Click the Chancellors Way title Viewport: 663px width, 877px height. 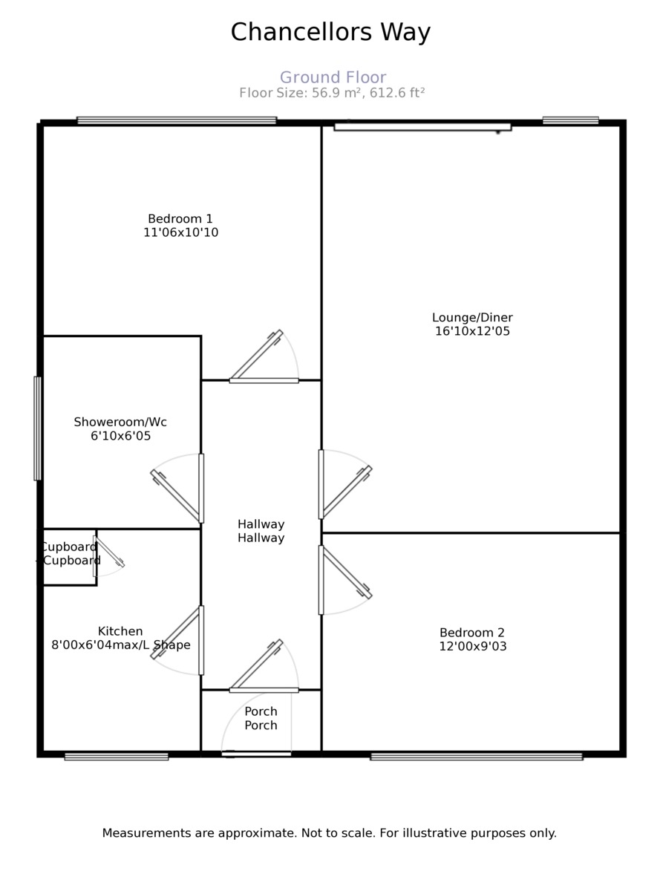coord(330,33)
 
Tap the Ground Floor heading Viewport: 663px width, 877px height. coord(333,77)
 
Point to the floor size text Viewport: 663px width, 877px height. coord(332,93)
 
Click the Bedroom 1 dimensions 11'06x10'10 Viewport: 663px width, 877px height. coord(180,232)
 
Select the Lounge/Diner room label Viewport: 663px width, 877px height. coord(472,318)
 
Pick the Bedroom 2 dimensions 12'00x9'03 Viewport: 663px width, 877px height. coord(472,647)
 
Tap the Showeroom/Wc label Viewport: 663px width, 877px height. coord(120,422)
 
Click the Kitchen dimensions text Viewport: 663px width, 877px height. coord(120,645)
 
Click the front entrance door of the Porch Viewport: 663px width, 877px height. coord(256,754)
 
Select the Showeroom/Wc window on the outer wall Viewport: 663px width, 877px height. coord(37,428)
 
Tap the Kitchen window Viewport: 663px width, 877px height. coord(117,757)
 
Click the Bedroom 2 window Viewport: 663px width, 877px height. coord(476,757)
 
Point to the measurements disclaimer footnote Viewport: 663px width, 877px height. coord(329,833)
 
